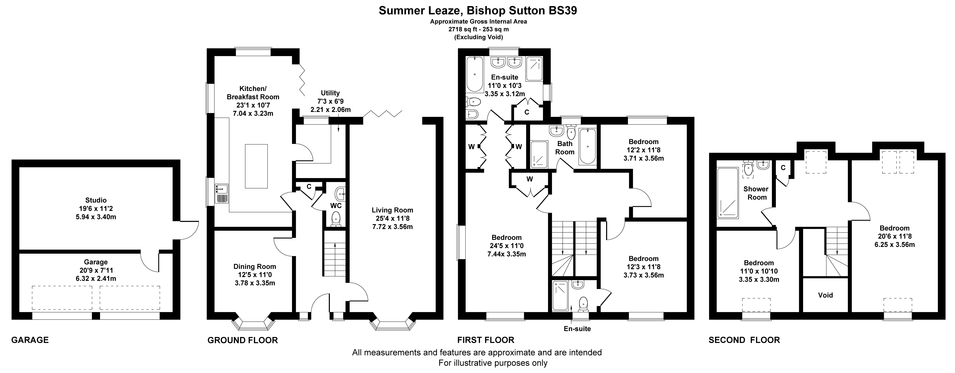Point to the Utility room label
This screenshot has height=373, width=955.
pos(330,93)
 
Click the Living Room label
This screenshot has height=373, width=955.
pos(393,210)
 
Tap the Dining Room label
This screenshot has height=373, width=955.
pos(255,267)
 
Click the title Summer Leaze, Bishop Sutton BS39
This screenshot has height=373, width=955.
pos(478,10)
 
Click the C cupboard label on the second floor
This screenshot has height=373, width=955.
pos(783,168)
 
